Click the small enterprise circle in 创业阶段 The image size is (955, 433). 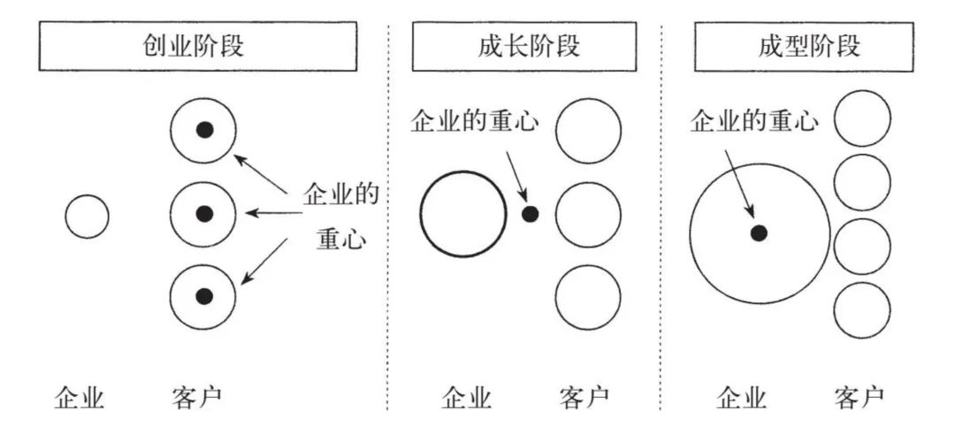tap(87, 216)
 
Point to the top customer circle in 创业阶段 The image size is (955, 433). tap(203, 130)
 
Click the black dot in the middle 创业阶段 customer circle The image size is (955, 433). tap(204, 213)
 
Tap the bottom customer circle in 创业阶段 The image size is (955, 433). tap(203, 296)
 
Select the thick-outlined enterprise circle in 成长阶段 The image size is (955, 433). tap(462, 215)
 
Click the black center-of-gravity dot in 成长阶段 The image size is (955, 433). tap(530, 213)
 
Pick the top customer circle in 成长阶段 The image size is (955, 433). tap(588, 130)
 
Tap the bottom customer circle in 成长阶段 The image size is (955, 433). tap(588, 297)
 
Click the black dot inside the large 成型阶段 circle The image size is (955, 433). tap(758, 232)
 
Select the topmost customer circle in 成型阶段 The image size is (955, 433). tap(862, 118)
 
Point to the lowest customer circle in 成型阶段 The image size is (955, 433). tap(862, 309)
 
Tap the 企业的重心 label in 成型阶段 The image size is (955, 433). tap(753, 121)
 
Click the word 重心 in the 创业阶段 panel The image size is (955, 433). tap(340, 240)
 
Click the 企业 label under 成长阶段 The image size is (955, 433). tap(466, 399)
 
